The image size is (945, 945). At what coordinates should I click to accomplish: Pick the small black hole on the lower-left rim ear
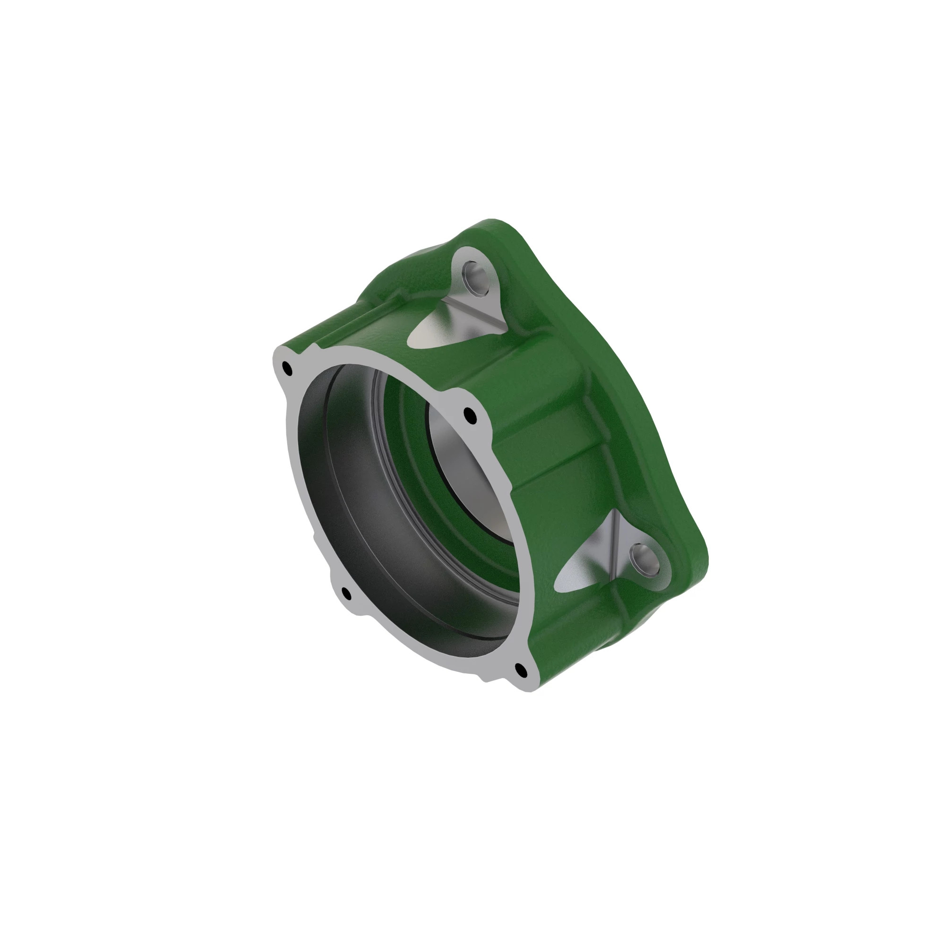346,594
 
